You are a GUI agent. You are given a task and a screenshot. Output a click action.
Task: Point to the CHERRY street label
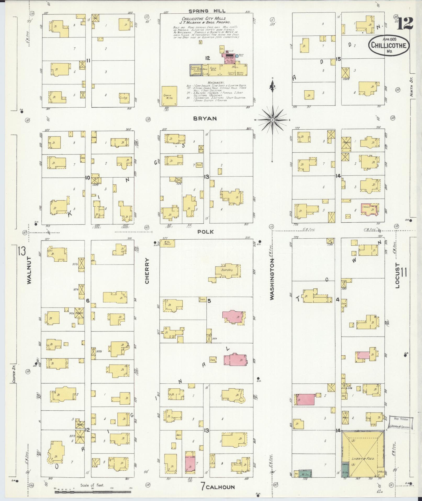(147, 271)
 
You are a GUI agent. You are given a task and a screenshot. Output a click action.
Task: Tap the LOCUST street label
(398, 275)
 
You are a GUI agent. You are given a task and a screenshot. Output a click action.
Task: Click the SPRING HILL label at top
(206, 11)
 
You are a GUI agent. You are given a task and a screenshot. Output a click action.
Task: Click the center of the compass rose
(272, 120)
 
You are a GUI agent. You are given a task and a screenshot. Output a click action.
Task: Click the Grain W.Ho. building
(169, 96)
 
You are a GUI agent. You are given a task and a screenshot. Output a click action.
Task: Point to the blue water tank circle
(237, 56)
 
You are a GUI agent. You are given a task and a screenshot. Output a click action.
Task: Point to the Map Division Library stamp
(400, 423)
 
